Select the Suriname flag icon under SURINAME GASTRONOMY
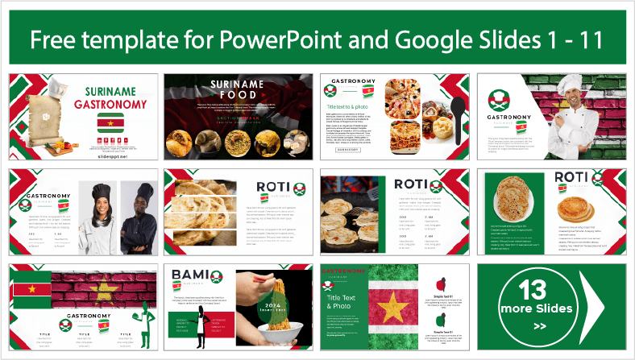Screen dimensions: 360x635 point(110,122)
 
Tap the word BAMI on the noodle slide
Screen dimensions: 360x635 point(190,276)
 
